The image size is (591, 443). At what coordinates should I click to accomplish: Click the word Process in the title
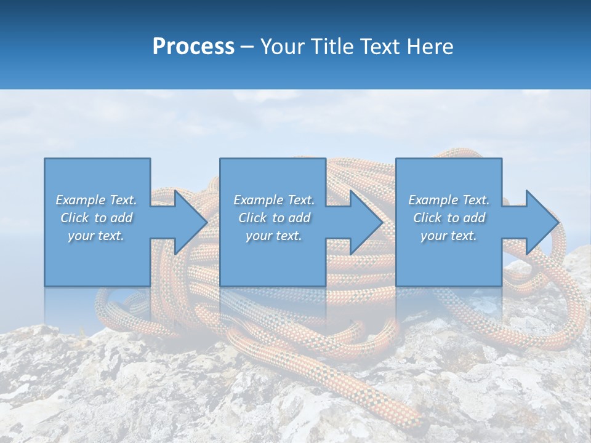coord(193,47)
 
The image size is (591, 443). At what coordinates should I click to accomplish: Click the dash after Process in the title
coord(247,47)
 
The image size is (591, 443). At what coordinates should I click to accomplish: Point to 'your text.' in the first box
coord(96,236)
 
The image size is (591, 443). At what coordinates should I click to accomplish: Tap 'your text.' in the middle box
coord(274,236)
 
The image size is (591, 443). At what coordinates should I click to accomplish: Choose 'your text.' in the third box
coord(449,236)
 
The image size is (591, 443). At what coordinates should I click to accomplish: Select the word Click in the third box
coord(428,218)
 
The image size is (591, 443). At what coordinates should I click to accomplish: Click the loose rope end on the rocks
coord(394,407)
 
